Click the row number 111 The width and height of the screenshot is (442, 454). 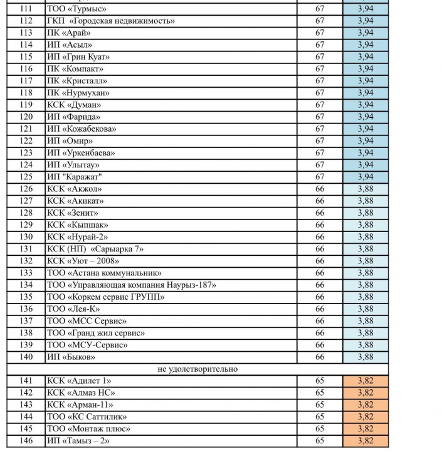click(26, 9)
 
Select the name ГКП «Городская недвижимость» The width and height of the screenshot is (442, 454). click(111, 21)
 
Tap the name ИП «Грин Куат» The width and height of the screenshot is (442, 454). click(78, 57)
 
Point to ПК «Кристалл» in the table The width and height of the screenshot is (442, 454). click(77, 81)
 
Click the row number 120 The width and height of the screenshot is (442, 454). click(26, 117)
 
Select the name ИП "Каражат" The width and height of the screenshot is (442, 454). click(75, 177)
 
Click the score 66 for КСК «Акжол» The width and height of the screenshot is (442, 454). click(320, 189)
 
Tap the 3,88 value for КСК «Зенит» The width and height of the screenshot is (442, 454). click(366, 213)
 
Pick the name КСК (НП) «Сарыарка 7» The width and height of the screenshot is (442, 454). click(95, 249)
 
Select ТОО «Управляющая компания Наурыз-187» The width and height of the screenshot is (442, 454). click(132, 285)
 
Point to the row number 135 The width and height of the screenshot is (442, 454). click(26, 297)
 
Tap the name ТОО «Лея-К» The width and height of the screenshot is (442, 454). click(73, 309)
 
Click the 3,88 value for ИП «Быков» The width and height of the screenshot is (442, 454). click(366, 357)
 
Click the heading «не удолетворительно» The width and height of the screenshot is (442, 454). click(197, 369)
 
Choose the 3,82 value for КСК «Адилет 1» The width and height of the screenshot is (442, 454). click(366, 381)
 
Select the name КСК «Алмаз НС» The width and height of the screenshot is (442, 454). click(81, 393)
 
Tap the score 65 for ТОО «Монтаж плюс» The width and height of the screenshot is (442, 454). click(320, 429)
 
